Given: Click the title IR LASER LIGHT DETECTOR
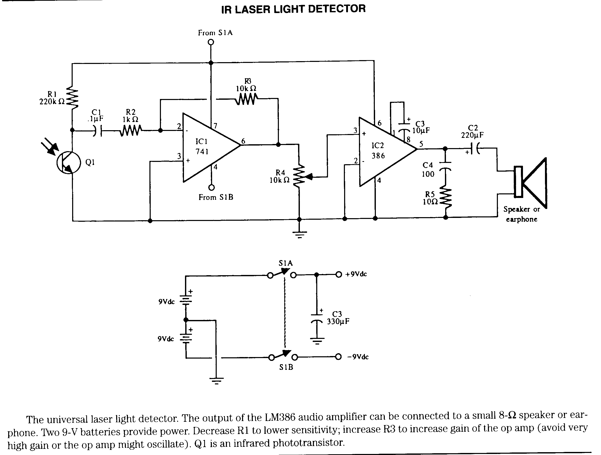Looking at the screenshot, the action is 293,9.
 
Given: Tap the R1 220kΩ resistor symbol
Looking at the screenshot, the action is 72,97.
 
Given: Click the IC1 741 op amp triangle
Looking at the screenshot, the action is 211,148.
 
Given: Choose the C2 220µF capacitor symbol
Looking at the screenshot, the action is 475,149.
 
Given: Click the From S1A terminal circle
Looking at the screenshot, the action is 211,42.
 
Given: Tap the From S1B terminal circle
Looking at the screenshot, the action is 211,187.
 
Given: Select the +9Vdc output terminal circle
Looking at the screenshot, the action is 338,275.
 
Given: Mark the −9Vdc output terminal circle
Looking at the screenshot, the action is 338,357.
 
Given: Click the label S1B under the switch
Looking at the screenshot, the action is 286,367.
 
